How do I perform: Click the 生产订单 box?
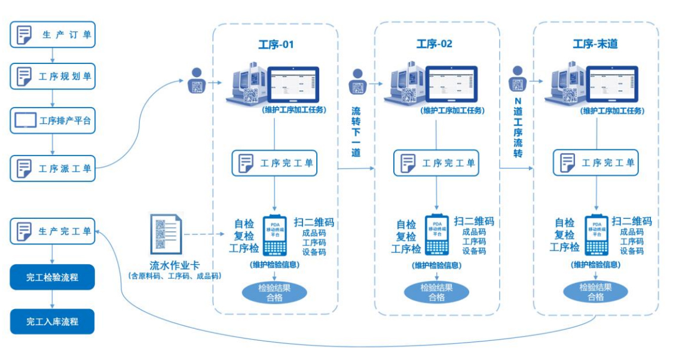53,35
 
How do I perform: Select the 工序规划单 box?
53,77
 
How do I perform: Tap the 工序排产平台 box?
53,120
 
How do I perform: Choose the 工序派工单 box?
53,168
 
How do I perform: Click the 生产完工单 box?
53,231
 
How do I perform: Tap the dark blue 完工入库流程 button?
53,321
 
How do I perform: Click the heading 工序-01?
276,44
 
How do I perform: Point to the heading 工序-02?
435,44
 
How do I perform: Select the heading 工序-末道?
595,44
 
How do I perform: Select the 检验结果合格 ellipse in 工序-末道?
596,292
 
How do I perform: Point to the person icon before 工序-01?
197,80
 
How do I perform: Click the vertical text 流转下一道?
356,132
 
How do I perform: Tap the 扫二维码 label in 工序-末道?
631,221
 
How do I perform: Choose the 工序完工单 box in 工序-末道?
595,163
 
